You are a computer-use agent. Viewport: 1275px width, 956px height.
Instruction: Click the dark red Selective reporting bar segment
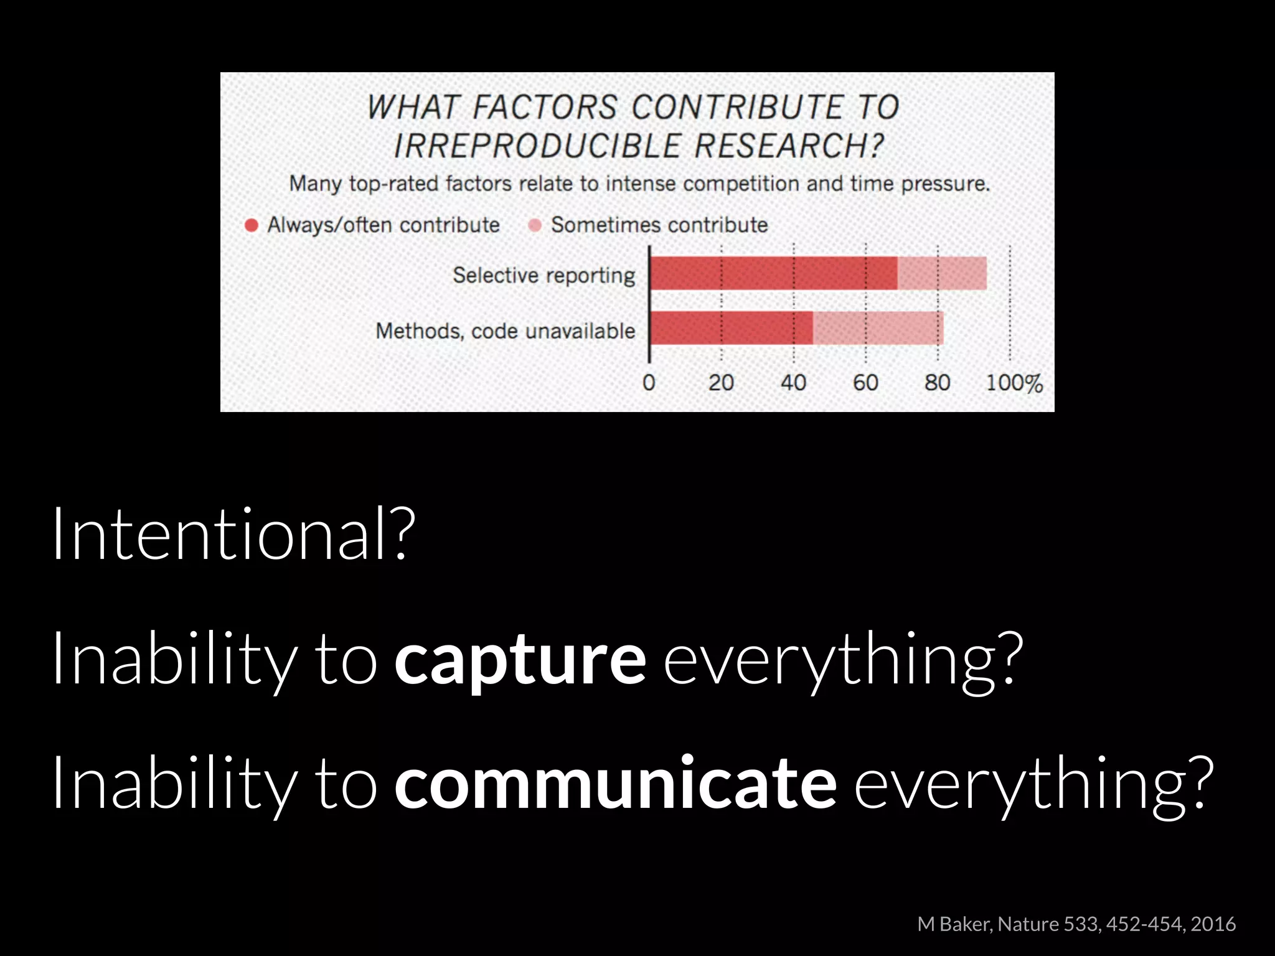tap(774, 273)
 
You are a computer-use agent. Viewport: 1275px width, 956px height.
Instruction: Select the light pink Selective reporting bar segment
tap(942, 273)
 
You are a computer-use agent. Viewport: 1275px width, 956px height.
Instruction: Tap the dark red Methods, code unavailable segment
tap(732, 328)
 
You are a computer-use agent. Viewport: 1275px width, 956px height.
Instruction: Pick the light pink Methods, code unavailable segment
tap(878, 328)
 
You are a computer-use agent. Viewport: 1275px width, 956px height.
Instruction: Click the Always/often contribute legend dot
tap(252, 225)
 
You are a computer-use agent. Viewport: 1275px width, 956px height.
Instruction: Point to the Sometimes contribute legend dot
tap(535, 225)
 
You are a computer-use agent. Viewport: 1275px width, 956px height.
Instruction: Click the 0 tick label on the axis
tap(649, 382)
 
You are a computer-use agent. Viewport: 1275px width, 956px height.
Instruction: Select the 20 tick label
tap(721, 382)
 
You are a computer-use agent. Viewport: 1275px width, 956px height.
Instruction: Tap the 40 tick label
tap(793, 382)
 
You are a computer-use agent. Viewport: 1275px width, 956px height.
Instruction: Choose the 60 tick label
tap(865, 382)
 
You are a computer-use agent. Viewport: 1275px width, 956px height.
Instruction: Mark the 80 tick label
tap(937, 382)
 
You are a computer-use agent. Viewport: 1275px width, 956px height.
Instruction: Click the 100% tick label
tap(1014, 382)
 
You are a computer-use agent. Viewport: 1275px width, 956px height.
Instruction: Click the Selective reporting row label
tap(543, 275)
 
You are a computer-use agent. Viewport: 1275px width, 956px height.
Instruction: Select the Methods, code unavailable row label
tap(505, 330)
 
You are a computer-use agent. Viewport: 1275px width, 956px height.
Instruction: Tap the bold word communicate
tap(615, 783)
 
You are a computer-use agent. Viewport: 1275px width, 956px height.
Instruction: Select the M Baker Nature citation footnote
tap(1076, 924)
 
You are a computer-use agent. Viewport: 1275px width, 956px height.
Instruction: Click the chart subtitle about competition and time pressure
tap(639, 184)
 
